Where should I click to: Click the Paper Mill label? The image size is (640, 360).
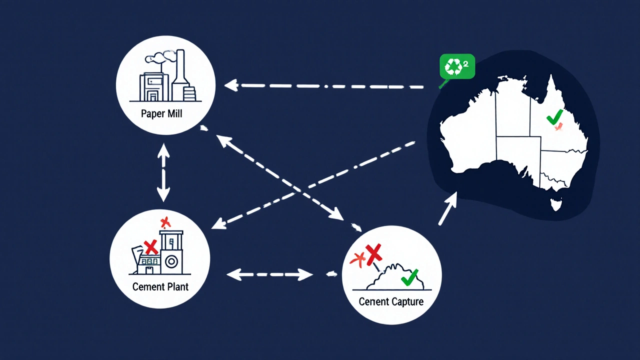[x=161, y=113]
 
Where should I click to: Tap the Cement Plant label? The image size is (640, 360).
[x=160, y=287]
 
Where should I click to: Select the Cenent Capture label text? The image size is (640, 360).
[x=391, y=301]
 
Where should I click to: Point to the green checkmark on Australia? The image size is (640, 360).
[x=554, y=117]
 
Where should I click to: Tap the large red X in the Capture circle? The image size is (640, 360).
[x=373, y=254]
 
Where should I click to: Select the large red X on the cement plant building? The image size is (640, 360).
[x=150, y=246]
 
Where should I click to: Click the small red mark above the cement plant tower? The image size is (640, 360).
[x=165, y=222]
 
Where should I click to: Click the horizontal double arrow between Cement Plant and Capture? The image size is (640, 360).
[x=270, y=274]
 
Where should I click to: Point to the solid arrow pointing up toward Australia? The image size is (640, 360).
[x=448, y=207]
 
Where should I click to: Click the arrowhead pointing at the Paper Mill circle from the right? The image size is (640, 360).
[x=230, y=85]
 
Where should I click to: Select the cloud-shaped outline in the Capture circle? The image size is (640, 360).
[x=395, y=277]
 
